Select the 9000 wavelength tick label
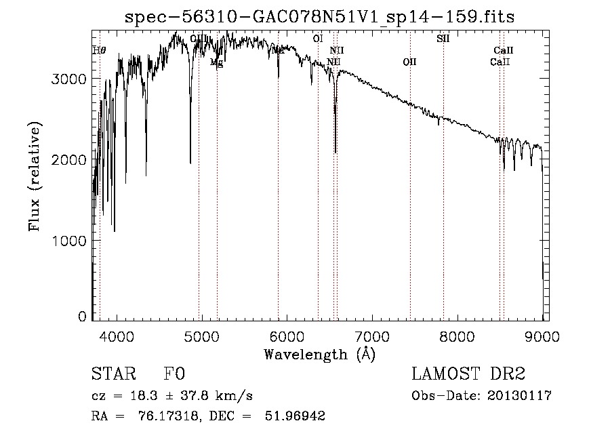click(x=542, y=335)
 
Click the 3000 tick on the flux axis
click(x=69, y=79)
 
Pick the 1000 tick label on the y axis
click(x=69, y=241)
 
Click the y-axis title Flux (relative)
click(x=34, y=176)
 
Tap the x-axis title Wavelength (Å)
click(x=319, y=354)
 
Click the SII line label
click(x=443, y=39)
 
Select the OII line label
click(x=409, y=62)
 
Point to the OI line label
click(x=317, y=39)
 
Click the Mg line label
click(x=216, y=62)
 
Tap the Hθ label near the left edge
click(x=99, y=50)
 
